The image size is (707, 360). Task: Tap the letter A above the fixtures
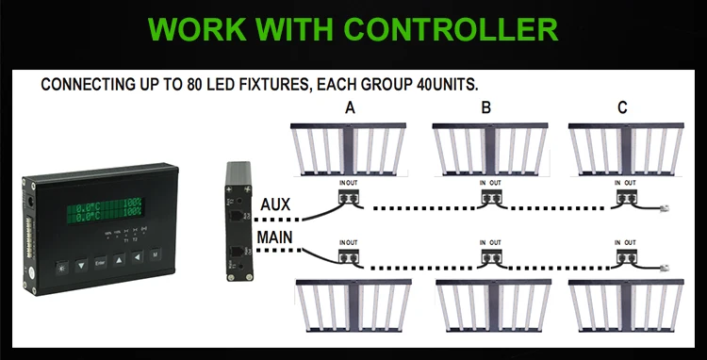pos(351,108)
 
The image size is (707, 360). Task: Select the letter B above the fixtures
pos(486,108)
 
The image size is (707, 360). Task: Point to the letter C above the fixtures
pos(622,108)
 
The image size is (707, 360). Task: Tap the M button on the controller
pos(156,254)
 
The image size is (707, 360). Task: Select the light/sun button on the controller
pos(62,268)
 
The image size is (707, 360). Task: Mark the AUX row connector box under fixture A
pos(353,198)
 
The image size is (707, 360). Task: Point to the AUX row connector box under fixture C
pos(624,198)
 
